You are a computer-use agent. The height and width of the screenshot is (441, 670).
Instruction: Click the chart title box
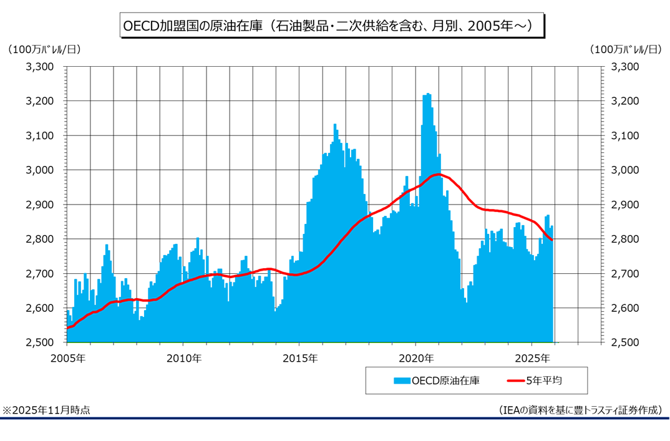click(x=331, y=26)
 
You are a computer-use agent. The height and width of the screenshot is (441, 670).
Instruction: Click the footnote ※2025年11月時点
click(x=46, y=410)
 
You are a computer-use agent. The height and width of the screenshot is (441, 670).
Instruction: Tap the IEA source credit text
click(x=580, y=410)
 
